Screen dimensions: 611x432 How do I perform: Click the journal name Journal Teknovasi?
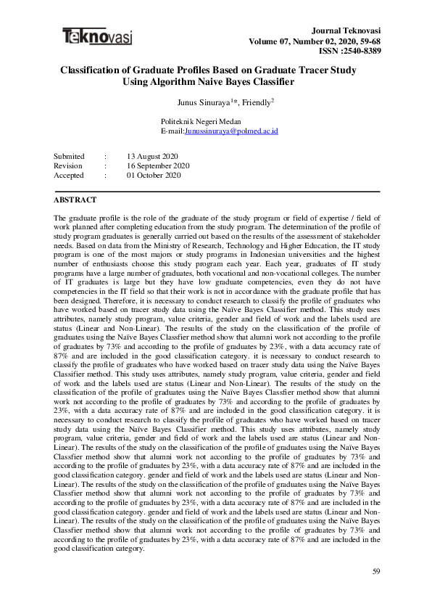click(346, 30)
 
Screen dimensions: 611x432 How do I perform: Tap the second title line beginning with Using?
click(216, 82)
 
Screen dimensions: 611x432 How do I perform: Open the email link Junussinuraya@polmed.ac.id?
click(232, 131)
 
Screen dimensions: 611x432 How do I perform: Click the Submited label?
click(70, 156)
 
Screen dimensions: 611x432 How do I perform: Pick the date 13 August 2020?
click(154, 156)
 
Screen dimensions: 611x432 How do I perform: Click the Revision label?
click(68, 165)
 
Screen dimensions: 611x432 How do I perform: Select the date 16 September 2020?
click(158, 165)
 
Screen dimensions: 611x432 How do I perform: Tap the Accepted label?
click(69, 175)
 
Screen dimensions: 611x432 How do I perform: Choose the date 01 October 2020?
click(154, 175)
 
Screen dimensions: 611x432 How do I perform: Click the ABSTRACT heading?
click(75, 199)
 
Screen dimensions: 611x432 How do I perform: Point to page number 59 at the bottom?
click(376, 572)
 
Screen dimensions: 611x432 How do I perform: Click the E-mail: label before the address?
click(173, 131)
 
